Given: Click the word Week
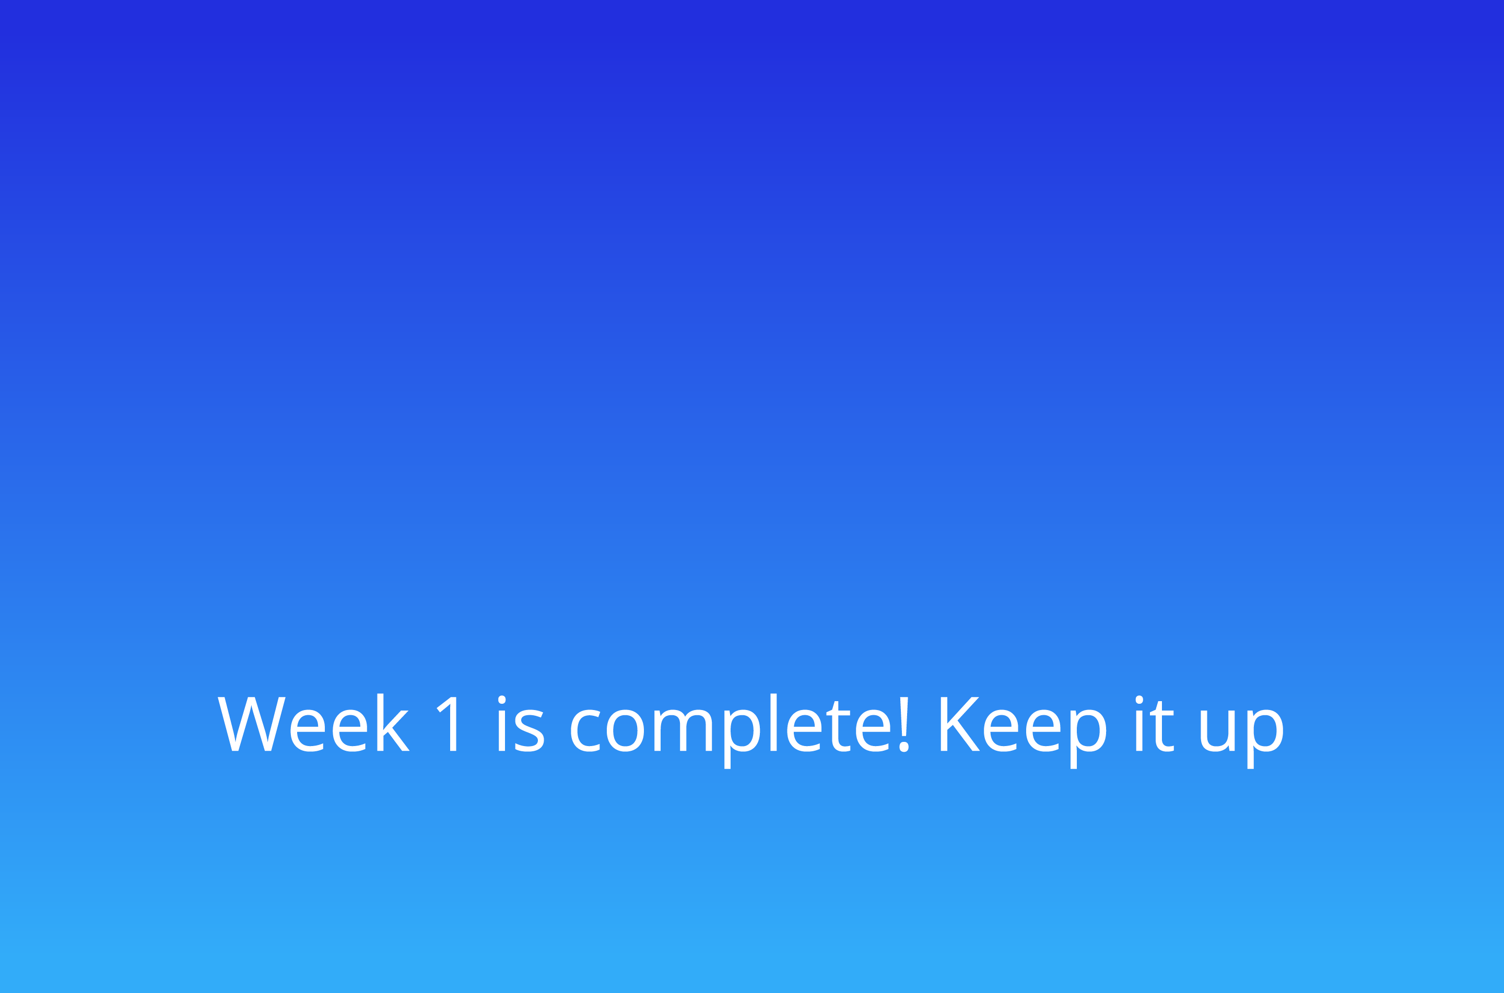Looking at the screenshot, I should tap(313, 724).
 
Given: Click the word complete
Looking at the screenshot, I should tap(730, 728).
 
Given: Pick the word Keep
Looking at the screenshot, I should tap(1024, 728).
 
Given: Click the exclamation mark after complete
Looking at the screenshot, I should tap(903, 724).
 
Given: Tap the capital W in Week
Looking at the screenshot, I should tap(251, 724).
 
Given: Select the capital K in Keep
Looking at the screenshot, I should tap(959, 724).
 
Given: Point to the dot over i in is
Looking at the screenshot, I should tap(501, 700).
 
